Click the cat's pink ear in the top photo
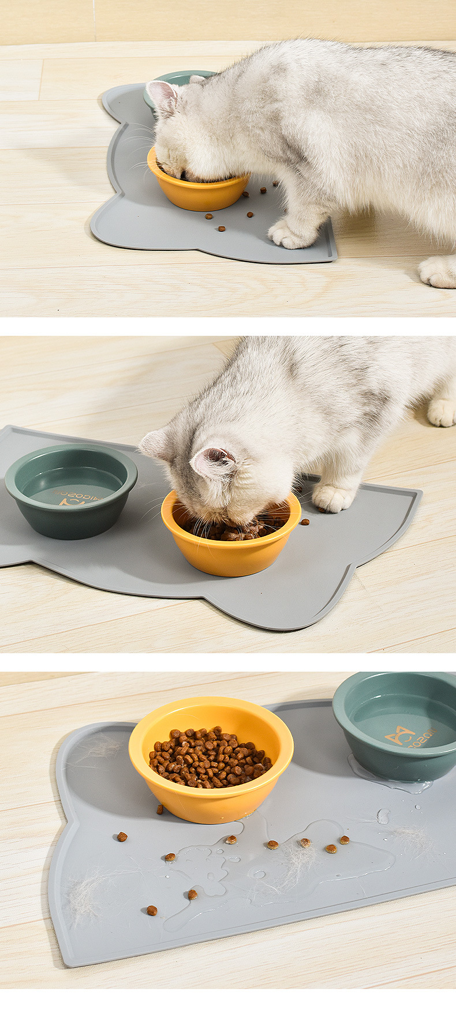(x=163, y=96)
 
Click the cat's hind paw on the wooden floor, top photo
(x=438, y=271)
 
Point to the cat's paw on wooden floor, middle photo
(x=442, y=411)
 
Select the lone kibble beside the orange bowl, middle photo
(x=305, y=522)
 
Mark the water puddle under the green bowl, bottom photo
(x=393, y=780)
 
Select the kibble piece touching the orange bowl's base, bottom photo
(x=160, y=810)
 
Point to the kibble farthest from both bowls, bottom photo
(x=151, y=911)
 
